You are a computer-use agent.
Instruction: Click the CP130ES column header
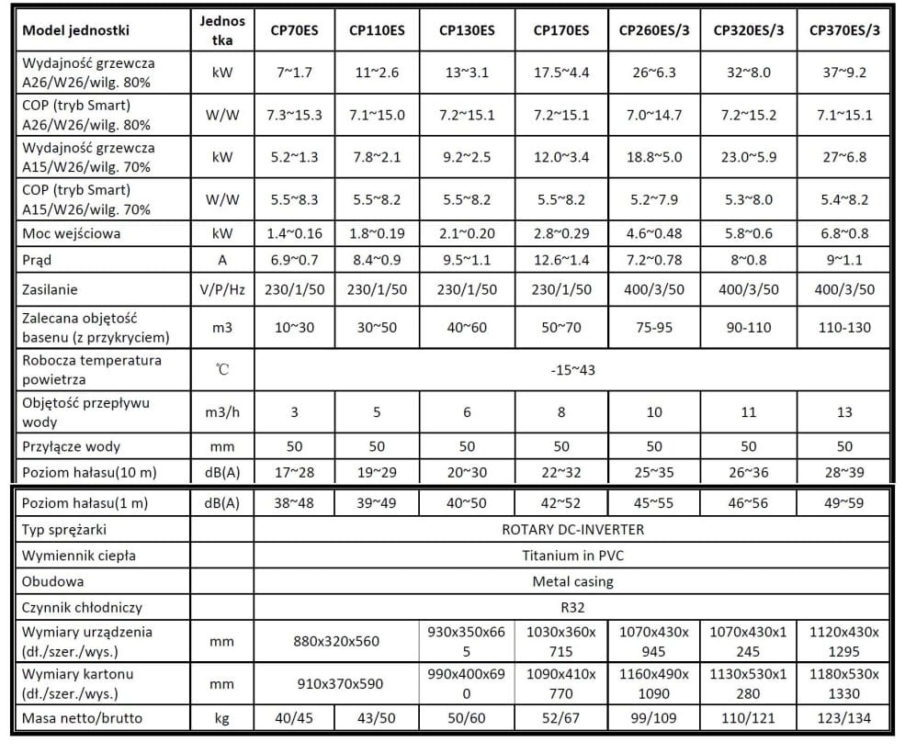pyautogui.click(x=467, y=30)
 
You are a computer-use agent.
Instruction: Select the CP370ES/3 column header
pyautogui.click(x=844, y=30)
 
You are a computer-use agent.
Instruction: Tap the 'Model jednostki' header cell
pyautogui.click(x=76, y=30)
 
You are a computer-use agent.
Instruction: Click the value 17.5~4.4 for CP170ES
pyautogui.click(x=561, y=73)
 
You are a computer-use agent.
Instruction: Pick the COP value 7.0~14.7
pyautogui.click(x=654, y=115)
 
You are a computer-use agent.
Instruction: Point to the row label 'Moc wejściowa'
pyautogui.click(x=73, y=233)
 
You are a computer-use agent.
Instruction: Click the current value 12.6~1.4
pyautogui.click(x=561, y=260)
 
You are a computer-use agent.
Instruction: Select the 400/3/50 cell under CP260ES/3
pyautogui.click(x=654, y=289)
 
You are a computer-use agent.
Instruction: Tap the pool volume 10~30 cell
pyautogui.click(x=294, y=328)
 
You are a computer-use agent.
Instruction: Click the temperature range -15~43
pyautogui.click(x=571, y=369)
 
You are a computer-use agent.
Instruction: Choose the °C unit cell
pyautogui.click(x=221, y=369)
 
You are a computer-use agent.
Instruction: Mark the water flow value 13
pyautogui.click(x=844, y=412)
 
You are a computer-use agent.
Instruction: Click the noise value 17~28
pyautogui.click(x=294, y=472)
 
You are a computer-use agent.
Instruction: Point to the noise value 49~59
pyautogui.click(x=844, y=503)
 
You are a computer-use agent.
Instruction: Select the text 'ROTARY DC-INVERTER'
pyautogui.click(x=571, y=529)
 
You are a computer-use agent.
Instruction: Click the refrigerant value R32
pyautogui.click(x=571, y=607)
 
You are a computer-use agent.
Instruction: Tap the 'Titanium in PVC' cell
pyautogui.click(x=571, y=555)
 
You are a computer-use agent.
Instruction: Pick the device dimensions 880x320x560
pyautogui.click(x=335, y=641)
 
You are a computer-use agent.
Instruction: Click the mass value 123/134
pyautogui.click(x=844, y=718)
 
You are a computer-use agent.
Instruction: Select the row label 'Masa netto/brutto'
pyautogui.click(x=83, y=718)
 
